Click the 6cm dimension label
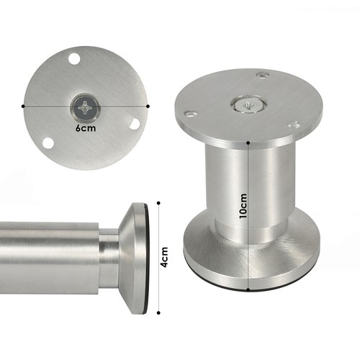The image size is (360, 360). pyautogui.click(x=86, y=128)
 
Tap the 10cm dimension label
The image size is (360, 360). pyautogui.click(x=243, y=206)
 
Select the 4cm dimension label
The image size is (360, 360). pyautogui.click(x=164, y=257)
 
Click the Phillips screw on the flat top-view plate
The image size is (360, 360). pyautogui.click(x=86, y=107)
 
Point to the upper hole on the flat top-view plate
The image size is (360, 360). pyautogui.click(x=74, y=59)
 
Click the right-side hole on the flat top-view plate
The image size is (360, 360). pyautogui.click(x=135, y=124)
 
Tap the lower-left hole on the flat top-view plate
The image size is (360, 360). pyautogui.click(x=48, y=143)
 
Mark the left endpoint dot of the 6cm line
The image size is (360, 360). pyautogui.click(x=23, y=106)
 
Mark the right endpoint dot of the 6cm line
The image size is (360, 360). pyautogui.click(x=148, y=106)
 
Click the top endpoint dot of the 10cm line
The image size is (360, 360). pyautogui.click(x=248, y=143)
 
